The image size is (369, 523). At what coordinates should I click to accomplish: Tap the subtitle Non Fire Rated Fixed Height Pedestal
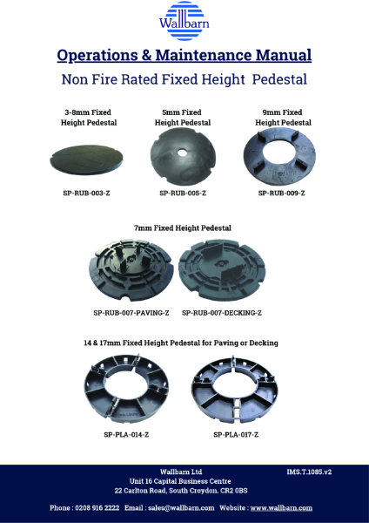(184, 79)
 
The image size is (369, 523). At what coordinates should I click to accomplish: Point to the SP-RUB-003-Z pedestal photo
(88, 159)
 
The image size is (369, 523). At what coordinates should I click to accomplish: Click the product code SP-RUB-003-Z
(87, 192)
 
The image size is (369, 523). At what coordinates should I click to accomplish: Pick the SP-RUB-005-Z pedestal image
(184, 158)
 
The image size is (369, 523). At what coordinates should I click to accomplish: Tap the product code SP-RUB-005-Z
(183, 192)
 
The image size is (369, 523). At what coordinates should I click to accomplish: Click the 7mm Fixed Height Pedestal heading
(183, 228)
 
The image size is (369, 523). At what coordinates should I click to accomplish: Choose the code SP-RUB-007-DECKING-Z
(222, 312)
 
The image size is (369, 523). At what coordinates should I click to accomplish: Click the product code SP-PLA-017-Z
(238, 433)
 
